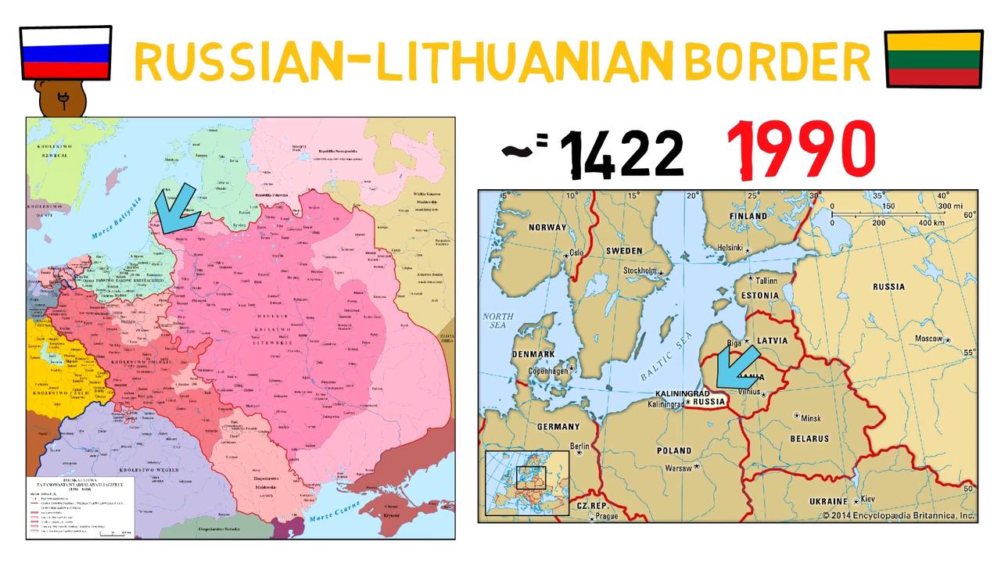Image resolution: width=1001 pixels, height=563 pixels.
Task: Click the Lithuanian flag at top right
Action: click(x=933, y=59)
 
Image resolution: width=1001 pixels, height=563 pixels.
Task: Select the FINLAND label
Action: click(x=748, y=216)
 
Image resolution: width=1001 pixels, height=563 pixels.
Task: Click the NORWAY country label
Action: click(x=547, y=228)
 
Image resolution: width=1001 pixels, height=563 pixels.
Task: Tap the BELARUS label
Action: click(x=809, y=439)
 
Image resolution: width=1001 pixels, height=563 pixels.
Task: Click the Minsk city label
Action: click(x=810, y=418)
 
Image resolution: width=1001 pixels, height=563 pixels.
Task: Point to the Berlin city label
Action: click(x=579, y=446)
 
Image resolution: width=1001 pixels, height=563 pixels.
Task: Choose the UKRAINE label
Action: click(x=828, y=500)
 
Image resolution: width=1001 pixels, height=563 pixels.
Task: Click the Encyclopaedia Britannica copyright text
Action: click(x=898, y=516)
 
